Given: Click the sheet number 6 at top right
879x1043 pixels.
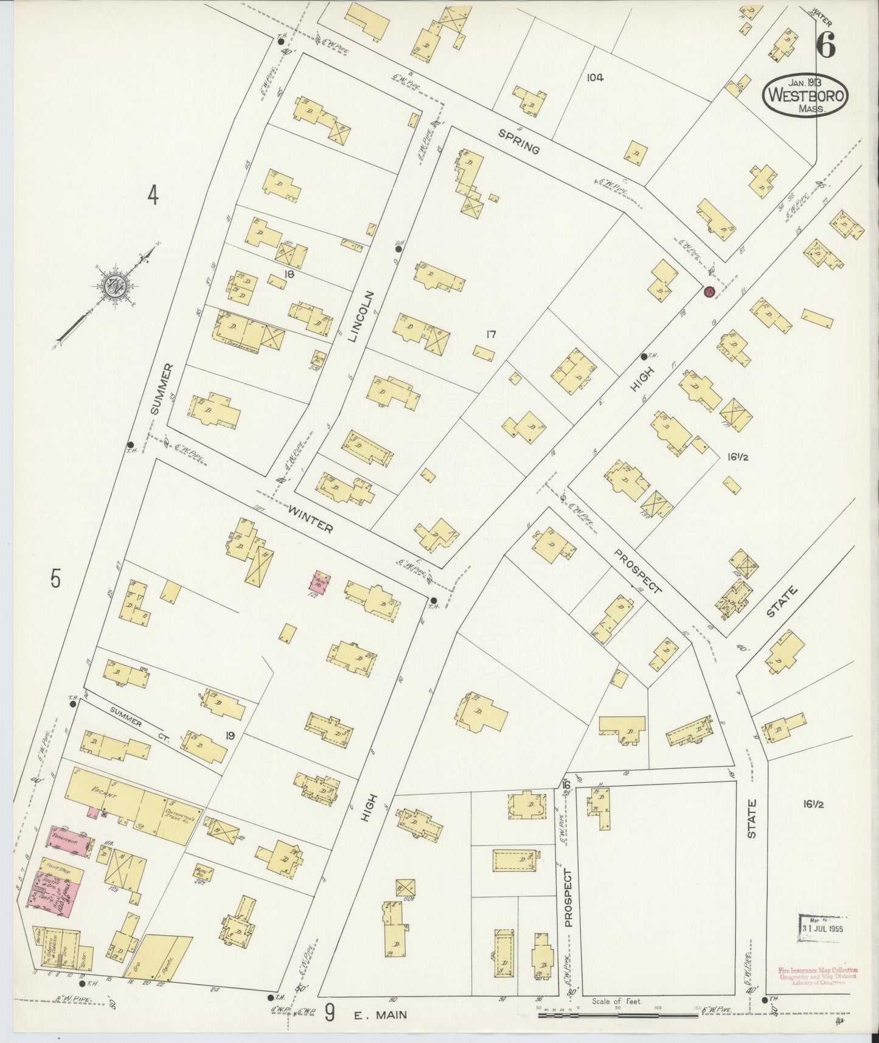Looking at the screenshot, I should click(825, 43).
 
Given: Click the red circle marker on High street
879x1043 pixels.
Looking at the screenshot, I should click(709, 292).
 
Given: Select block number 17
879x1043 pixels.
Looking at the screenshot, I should click(492, 334).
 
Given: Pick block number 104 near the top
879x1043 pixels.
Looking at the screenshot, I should click(595, 77).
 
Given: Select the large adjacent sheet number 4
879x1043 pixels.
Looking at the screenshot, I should click(153, 196).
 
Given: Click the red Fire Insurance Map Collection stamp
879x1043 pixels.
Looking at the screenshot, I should click(819, 973).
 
